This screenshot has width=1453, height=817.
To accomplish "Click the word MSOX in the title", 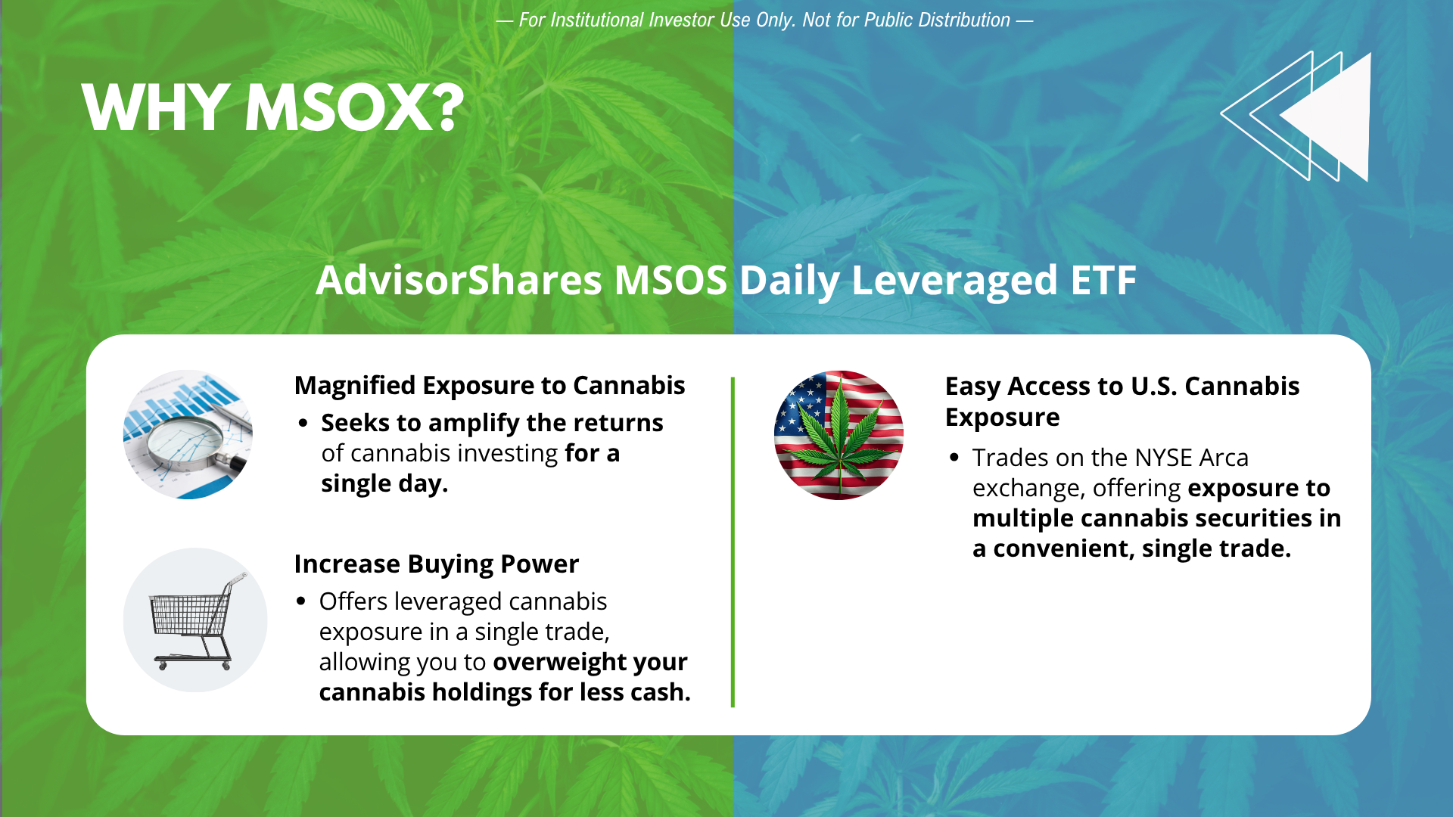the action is pos(354,108).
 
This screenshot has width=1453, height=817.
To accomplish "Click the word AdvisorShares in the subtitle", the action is pos(459,280).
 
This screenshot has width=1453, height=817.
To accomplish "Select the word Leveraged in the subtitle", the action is pos(954,281).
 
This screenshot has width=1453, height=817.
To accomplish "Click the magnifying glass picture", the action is pos(188,434).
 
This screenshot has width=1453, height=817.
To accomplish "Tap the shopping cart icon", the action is pos(195,620).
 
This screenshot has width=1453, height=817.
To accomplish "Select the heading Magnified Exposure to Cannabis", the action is pos(490,386).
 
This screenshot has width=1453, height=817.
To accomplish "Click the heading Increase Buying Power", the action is pos(437,564).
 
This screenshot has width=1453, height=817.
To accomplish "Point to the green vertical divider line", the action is pos(733,542).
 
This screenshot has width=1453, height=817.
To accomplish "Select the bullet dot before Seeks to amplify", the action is pos(303,423).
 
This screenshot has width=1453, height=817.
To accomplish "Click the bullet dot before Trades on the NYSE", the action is pos(954,458).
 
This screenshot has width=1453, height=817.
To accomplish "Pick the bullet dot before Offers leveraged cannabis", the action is pos(301,601).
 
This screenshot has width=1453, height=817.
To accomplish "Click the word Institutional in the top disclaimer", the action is pos(597,20).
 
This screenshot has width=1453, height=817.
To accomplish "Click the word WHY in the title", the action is pos(155,108).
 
